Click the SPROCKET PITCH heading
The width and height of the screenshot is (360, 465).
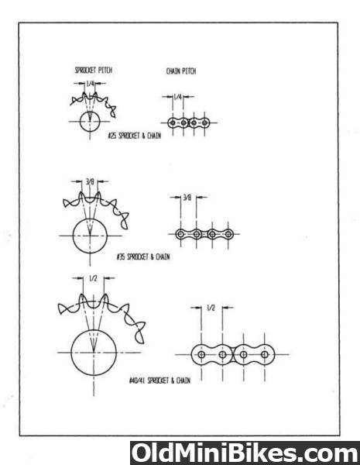tap(94, 71)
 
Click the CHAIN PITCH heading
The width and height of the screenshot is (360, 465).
tap(181, 71)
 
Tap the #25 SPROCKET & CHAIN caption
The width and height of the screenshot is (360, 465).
tap(135, 136)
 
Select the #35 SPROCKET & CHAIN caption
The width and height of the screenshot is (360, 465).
tap(143, 257)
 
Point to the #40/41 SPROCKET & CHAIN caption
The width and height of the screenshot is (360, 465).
tap(159, 381)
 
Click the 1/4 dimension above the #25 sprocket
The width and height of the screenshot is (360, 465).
tap(90, 84)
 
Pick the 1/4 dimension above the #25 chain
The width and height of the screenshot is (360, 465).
tap(177, 97)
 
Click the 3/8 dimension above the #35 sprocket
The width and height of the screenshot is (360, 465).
tap(90, 181)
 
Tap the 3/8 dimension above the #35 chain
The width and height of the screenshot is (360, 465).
tap(187, 197)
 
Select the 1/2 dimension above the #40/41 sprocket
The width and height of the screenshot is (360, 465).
tap(93, 278)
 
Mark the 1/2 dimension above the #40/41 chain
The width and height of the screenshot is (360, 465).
tap(211, 308)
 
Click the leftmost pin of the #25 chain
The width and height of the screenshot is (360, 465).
tap(173, 122)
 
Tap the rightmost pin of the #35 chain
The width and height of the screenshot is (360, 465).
tap(228, 234)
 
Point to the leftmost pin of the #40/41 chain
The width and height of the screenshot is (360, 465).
tap(201, 354)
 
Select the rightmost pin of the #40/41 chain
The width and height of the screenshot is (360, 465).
tap(265, 354)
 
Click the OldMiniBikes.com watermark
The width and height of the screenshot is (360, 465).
tap(245, 453)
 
